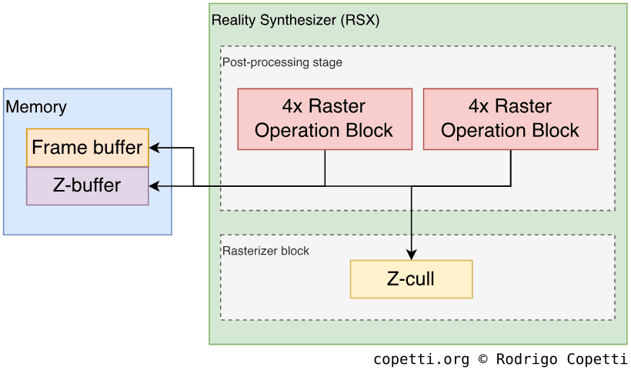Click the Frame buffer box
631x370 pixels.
pyautogui.click(x=87, y=148)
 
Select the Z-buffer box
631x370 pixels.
pyautogui.click(x=87, y=186)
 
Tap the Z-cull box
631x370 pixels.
pyautogui.click(x=411, y=279)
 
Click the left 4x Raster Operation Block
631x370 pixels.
pyautogui.click(x=324, y=118)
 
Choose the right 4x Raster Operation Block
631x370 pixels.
pyautogui.click(x=510, y=118)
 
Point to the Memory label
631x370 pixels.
pyautogui.click(x=36, y=108)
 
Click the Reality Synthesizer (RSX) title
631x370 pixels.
pyautogui.click(x=295, y=21)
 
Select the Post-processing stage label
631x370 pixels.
pyautogui.click(x=282, y=62)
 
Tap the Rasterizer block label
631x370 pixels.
pyautogui.click(x=265, y=251)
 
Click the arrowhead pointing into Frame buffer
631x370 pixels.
pyautogui.click(x=154, y=148)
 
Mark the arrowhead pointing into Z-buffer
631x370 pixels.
pyautogui.click(x=154, y=186)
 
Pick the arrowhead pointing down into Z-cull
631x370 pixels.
pyautogui.click(x=412, y=255)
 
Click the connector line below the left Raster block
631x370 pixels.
pyautogui.click(x=325, y=168)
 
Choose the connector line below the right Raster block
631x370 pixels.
pyautogui.click(x=511, y=168)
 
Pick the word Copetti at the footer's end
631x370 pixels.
pyautogui.click(x=598, y=359)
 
